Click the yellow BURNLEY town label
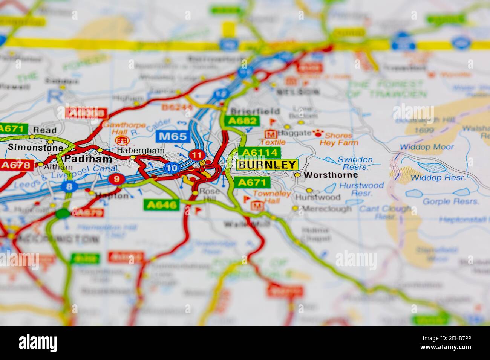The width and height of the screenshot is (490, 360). pos(267,165)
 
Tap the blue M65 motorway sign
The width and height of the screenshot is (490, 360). pos(173,136)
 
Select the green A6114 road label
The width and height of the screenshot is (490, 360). pos(259,153)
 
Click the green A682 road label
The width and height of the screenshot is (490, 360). pos(242,121)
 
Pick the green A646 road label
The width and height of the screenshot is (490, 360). pos(161,204)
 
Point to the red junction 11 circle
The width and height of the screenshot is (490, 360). pos(196,155)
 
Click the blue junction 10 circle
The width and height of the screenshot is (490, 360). pos(171,168)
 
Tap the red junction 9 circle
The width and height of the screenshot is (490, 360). pos(116,178)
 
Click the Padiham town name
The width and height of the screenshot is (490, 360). pos(88,159)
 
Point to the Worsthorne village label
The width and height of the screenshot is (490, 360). pos(331,175)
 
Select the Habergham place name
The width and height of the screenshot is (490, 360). pos(141,150)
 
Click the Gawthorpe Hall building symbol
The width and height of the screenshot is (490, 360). pos(121,140)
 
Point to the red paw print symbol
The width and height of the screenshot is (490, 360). pos(318,133)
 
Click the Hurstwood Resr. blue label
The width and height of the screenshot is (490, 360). pos(361,189)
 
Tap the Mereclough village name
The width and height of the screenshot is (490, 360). pos(327,208)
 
